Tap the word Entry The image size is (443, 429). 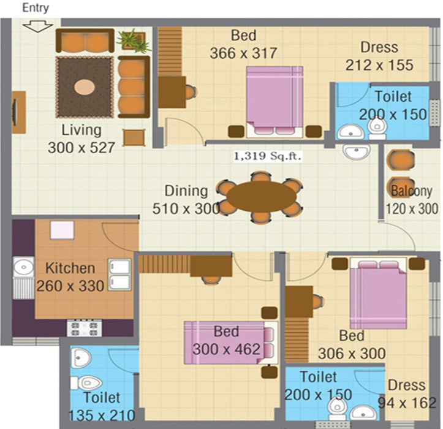(x=35, y=8)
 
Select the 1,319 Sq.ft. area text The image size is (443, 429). (x=268, y=156)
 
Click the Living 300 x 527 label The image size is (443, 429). (x=81, y=139)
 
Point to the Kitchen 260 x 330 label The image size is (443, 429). (x=70, y=277)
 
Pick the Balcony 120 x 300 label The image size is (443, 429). (x=412, y=199)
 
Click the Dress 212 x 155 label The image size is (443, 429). (x=379, y=56)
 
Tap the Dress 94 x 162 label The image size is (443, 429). (x=407, y=394)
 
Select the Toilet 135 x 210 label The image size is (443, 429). (x=102, y=406)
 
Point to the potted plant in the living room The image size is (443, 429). (x=133, y=40)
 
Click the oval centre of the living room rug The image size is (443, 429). (x=85, y=87)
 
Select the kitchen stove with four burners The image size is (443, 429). (x=85, y=328)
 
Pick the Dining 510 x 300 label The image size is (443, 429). (x=186, y=200)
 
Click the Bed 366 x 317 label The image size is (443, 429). (x=243, y=44)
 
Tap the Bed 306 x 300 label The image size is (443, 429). (x=352, y=345)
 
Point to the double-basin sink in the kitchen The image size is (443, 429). (x=119, y=274)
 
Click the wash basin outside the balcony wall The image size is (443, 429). (x=356, y=151)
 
